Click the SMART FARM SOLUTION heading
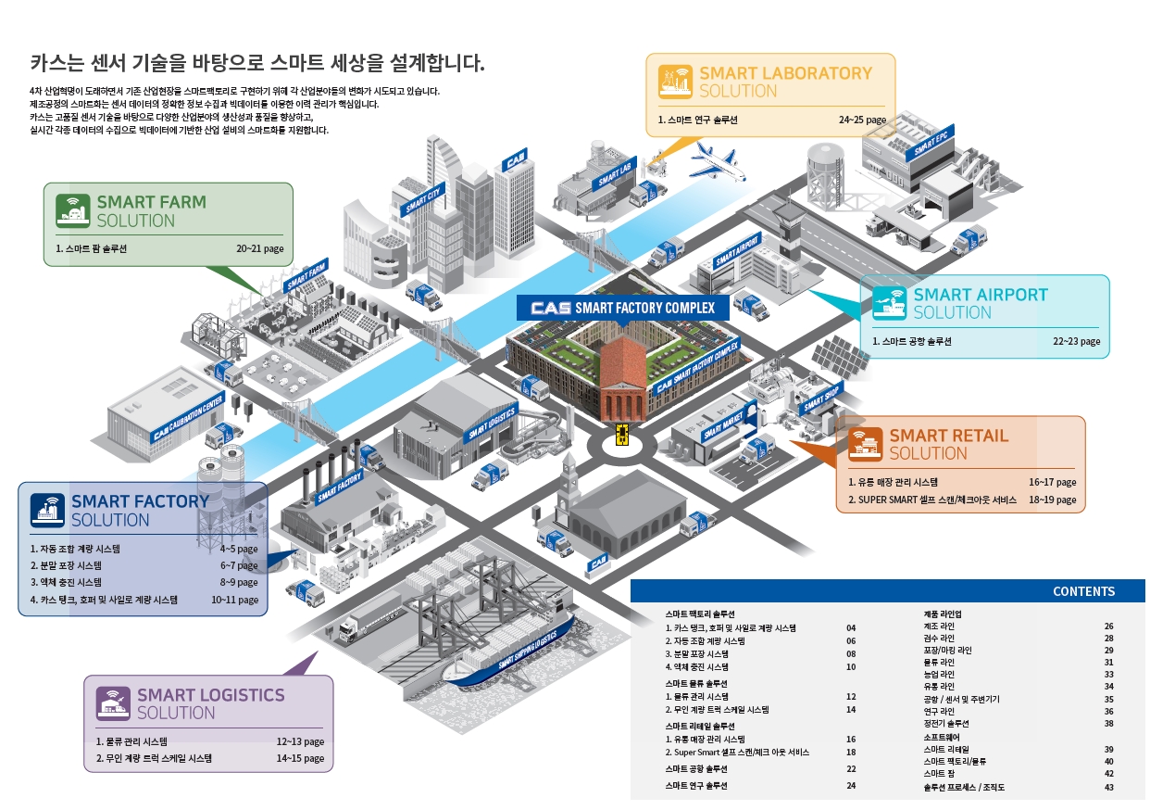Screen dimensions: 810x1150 pos(151,211)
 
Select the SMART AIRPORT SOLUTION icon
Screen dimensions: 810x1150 pos(890,303)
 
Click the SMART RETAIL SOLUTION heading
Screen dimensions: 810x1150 pos(948,444)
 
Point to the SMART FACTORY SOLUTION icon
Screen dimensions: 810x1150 pos(48,511)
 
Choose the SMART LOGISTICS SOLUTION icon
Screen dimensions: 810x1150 pos(114,703)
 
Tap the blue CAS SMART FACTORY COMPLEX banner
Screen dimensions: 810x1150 pos(622,308)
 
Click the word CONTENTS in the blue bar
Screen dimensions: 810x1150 pos(1083,591)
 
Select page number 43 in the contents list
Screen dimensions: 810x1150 pos(1108,788)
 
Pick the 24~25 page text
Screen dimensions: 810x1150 pos(862,120)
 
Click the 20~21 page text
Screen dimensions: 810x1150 pos(259,249)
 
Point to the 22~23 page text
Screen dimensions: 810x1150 pos(1076,341)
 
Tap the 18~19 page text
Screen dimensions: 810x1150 pos(1052,500)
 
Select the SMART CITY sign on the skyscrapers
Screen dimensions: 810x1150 pos(423,197)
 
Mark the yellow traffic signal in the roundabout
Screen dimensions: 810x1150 pos(622,432)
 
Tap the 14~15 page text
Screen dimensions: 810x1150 pos(300,758)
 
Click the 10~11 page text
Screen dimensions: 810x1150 pos(234,600)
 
